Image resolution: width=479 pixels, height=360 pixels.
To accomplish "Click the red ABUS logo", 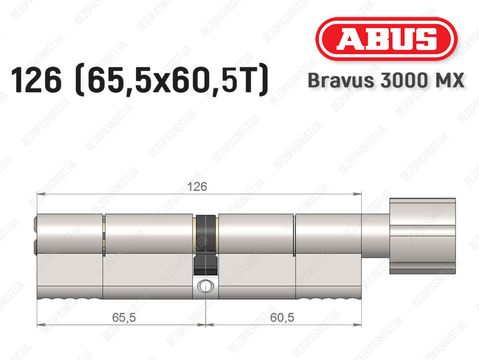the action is coord(386,39).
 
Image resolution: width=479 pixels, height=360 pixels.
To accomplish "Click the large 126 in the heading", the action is coord(36,81).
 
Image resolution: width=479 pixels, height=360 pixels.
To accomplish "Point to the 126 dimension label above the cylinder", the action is coord(197,186).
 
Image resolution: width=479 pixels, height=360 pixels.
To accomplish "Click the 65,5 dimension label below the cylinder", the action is coord(123,317).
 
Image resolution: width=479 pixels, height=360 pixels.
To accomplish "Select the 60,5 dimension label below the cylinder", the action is coord(282,317).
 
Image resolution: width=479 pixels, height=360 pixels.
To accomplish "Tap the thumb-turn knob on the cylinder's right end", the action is coord(422,235).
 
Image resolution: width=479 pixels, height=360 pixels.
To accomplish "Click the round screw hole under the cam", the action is coord(205,286).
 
